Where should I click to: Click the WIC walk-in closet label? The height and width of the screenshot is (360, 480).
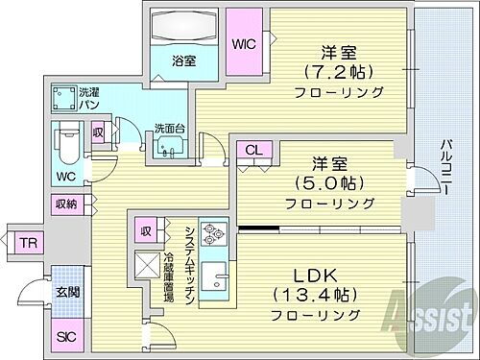click(x=243, y=43)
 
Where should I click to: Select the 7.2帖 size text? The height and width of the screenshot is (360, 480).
click(x=339, y=72)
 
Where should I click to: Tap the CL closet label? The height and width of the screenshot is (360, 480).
click(x=253, y=150)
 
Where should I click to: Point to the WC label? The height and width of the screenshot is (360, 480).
click(x=65, y=176)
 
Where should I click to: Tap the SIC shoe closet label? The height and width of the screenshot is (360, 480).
click(x=65, y=336)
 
